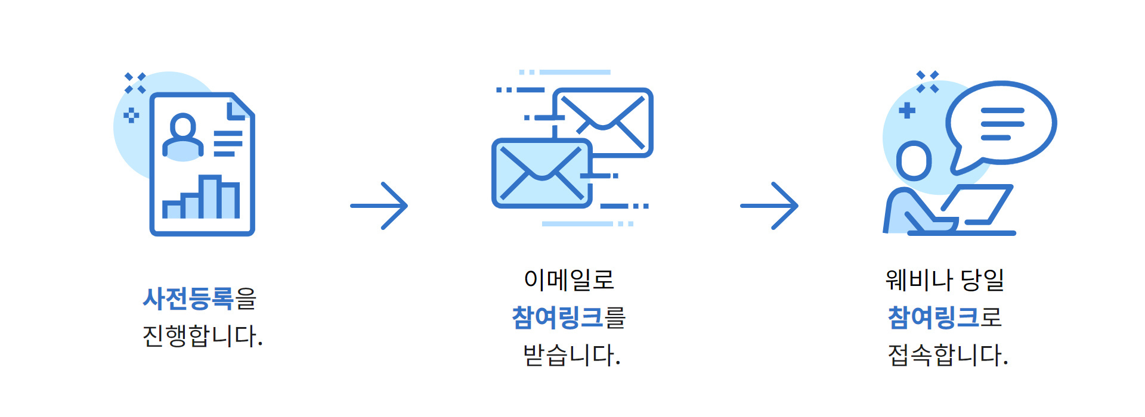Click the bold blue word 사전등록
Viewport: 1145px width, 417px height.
tap(188, 298)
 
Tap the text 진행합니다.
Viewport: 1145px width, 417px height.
tap(203, 336)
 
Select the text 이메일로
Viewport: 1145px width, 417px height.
tap(569, 280)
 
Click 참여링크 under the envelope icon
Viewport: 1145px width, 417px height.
tap(558, 318)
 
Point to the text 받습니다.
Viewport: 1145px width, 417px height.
tap(572, 355)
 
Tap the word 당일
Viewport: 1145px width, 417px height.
tap(983, 280)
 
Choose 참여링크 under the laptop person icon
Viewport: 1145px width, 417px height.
tap(933, 318)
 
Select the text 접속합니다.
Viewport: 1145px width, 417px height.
tap(948, 355)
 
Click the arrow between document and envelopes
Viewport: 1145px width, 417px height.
tap(379, 206)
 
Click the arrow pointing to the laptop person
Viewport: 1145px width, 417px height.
tap(769, 206)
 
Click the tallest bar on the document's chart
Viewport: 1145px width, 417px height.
tap(210, 197)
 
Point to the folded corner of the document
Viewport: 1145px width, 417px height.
tap(241, 107)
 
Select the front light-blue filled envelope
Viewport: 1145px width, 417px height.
tap(542, 173)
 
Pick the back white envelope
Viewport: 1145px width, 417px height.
tap(603, 122)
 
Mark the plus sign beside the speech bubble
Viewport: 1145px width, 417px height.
tap(907, 110)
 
